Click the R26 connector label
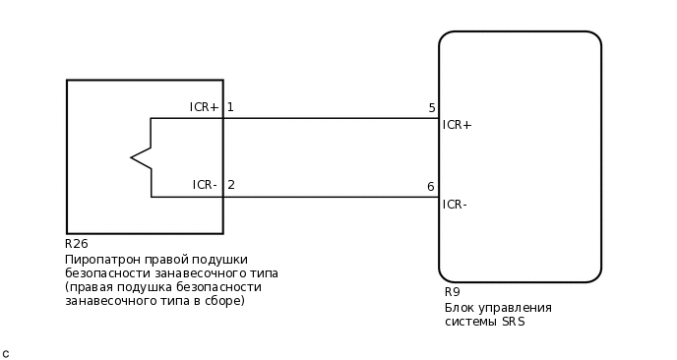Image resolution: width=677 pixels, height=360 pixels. coord(76,244)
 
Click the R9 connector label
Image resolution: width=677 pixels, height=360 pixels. coord(452,292)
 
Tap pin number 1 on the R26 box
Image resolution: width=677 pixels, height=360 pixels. coord(230,107)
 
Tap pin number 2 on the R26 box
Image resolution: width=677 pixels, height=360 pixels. coord(231,185)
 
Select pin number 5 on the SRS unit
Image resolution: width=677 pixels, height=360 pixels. coord(431,108)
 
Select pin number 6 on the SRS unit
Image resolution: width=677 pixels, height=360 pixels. coord(430,187)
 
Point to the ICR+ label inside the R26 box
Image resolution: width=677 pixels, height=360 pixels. coord(204,107)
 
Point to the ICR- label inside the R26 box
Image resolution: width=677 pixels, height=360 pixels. coord(205,185)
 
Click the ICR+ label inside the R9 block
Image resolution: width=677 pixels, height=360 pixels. coord(458,125)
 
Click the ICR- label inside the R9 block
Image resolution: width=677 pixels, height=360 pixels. coord(455,205)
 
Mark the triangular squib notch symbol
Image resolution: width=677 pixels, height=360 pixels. coord(141,157)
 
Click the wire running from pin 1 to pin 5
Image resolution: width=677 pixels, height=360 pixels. coord(325,118)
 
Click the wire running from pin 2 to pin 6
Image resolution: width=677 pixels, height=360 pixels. coord(325,197)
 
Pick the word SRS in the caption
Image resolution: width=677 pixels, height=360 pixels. coord(512,322)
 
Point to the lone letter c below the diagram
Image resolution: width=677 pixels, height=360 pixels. coord(6,353)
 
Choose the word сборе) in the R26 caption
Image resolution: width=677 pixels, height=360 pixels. coord(223,301)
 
